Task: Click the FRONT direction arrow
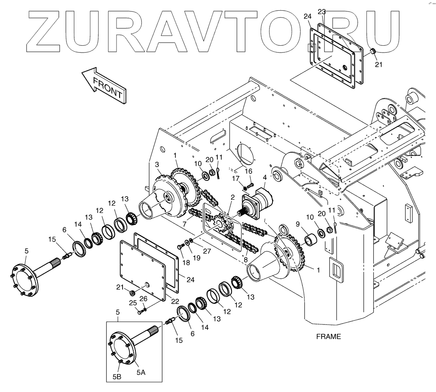(104, 84)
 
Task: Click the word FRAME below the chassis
(328, 336)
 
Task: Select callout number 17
(235, 178)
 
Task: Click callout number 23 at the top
(322, 12)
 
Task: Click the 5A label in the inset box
(141, 372)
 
